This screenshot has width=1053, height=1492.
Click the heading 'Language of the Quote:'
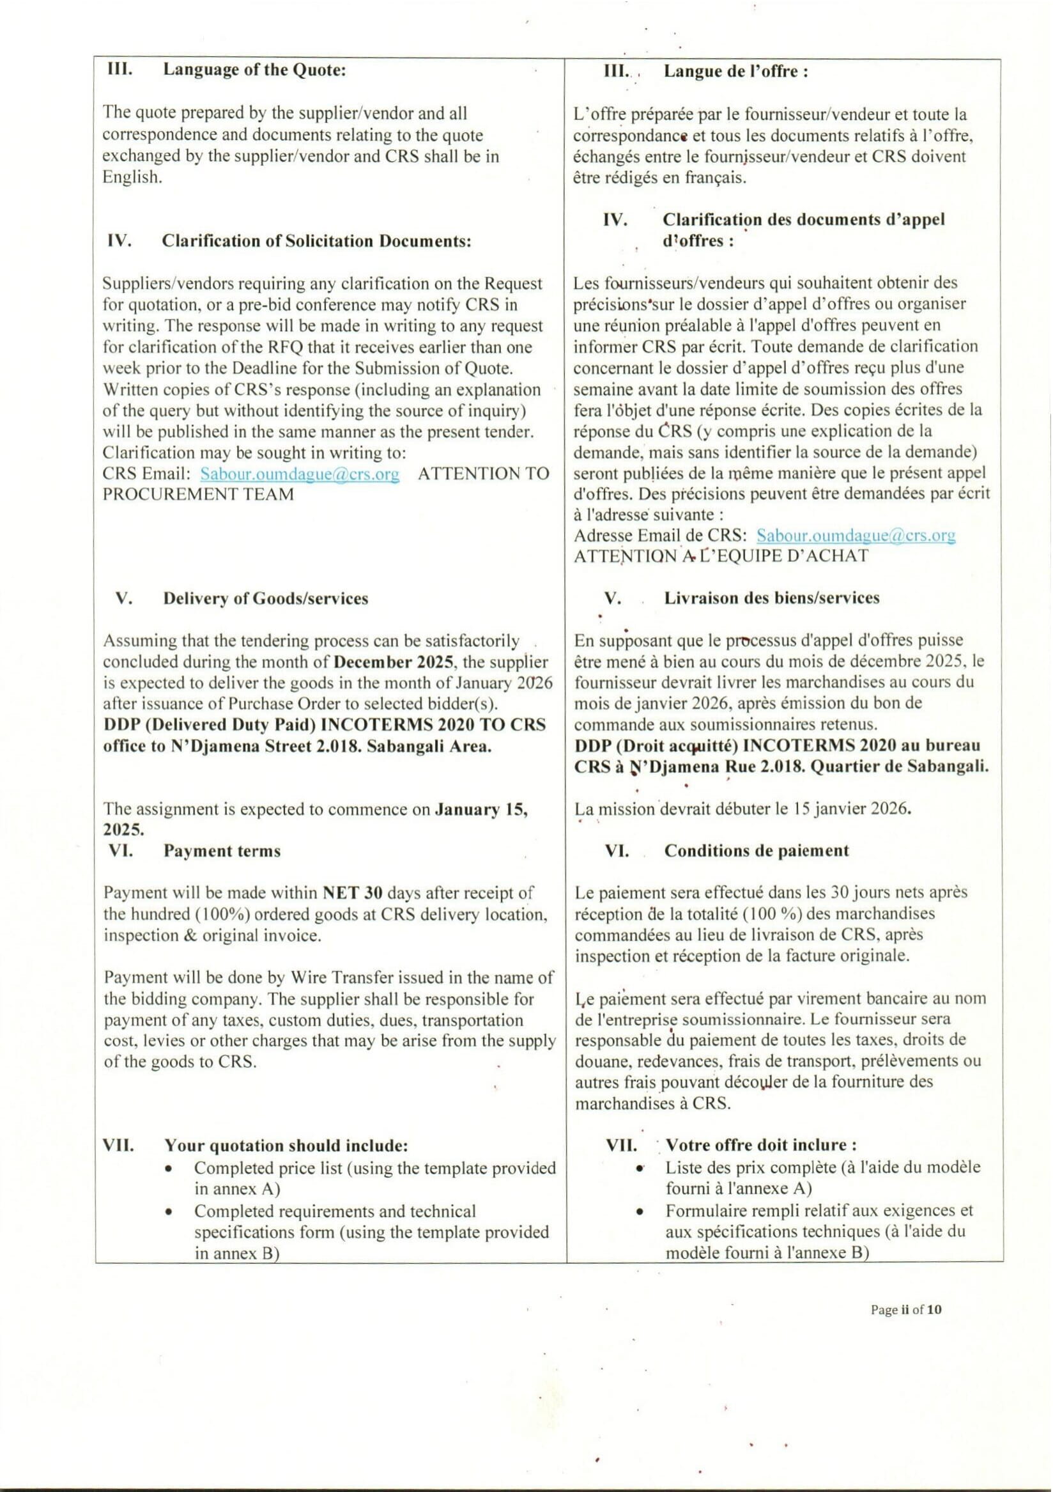point(254,70)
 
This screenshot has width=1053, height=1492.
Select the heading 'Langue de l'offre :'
point(735,72)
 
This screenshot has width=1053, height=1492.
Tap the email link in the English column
point(300,474)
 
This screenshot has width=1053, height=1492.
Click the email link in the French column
point(856,536)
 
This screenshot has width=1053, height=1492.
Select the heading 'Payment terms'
point(222,851)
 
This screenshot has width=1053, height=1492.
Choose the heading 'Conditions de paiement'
point(756,851)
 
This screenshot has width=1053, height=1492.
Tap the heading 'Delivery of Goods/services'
point(266,598)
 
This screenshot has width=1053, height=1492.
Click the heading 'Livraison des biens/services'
point(772,598)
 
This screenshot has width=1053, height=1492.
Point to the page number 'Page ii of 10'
point(905,1309)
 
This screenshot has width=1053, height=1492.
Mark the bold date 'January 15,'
point(481,810)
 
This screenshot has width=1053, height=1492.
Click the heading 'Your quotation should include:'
point(286,1145)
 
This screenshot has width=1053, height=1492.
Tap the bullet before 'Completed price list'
point(169,1169)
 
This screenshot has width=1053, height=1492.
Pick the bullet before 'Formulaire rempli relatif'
point(640,1212)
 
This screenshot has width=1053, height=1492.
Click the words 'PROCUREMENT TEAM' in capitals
point(198,495)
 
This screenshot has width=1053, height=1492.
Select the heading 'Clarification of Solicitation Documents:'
point(316,241)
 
